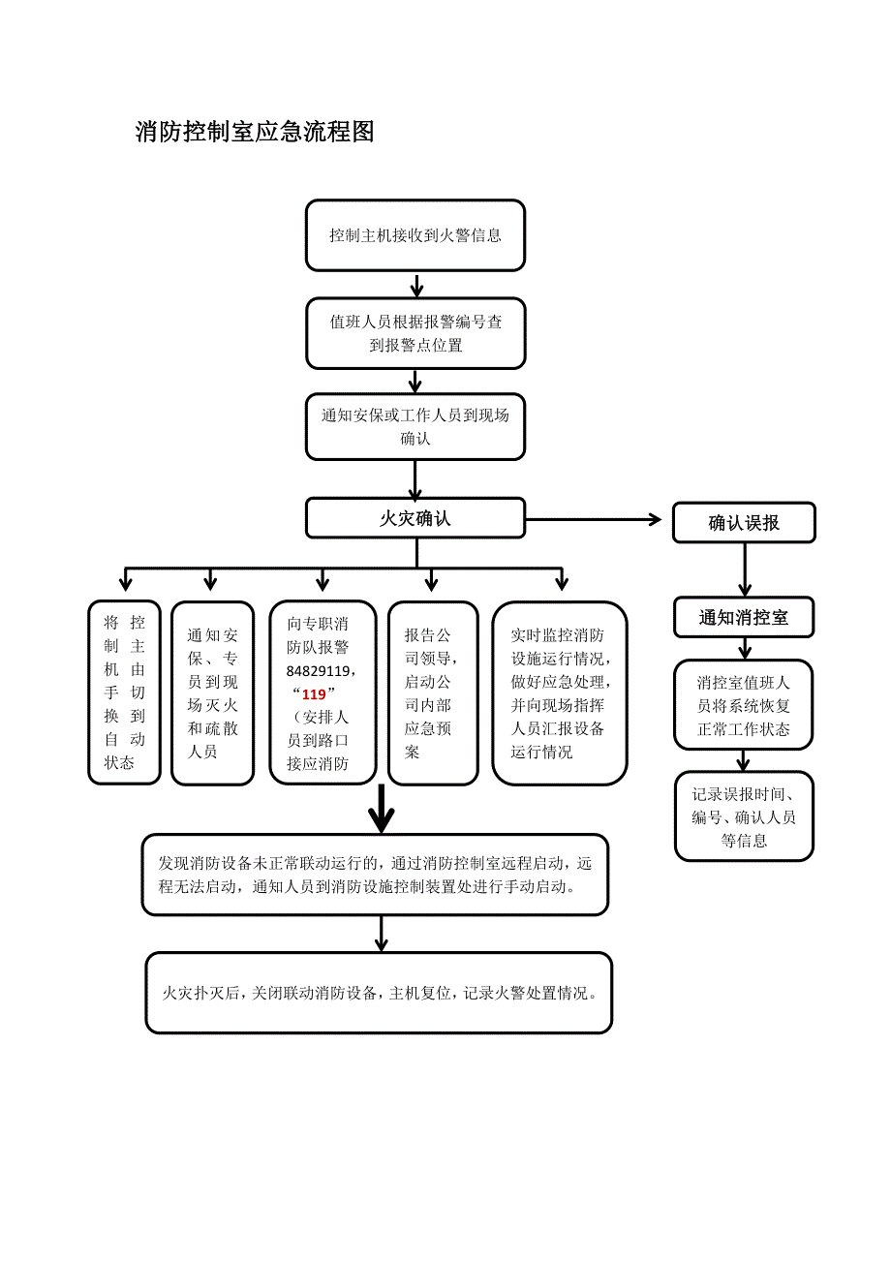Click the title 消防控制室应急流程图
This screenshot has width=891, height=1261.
pyautogui.click(x=255, y=133)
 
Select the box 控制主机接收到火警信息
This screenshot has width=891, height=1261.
pyautogui.click(x=415, y=235)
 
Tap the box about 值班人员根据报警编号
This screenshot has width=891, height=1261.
pyautogui.click(x=415, y=333)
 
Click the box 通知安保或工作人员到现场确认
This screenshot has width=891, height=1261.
pyautogui.click(x=415, y=426)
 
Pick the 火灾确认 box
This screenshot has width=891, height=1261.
pyautogui.click(x=415, y=518)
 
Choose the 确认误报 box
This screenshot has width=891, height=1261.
pyautogui.click(x=744, y=523)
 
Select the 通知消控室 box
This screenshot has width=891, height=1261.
pyautogui.click(x=744, y=617)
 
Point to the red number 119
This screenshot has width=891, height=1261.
pyautogui.click(x=314, y=694)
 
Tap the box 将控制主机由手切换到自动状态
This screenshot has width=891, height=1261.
pyautogui.click(x=124, y=692)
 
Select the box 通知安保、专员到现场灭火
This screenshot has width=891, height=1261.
pyautogui.click(x=212, y=692)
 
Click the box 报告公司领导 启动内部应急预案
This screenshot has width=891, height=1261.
pyautogui.click(x=433, y=692)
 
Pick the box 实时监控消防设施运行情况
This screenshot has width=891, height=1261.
pyautogui.click(x=559, y=692)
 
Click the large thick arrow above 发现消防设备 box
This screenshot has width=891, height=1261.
pyautogui.click(x=383, y=809)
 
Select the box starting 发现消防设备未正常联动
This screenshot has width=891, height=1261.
pyautogui.click(x=375, y=875)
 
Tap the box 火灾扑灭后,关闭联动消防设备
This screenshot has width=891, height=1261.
pyautogui.click(x=379, y=993)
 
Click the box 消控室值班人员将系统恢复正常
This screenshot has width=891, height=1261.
pyautogui.click(x=744, y=705)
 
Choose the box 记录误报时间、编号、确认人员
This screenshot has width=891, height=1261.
pyautogui.click(x=744, y=816)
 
